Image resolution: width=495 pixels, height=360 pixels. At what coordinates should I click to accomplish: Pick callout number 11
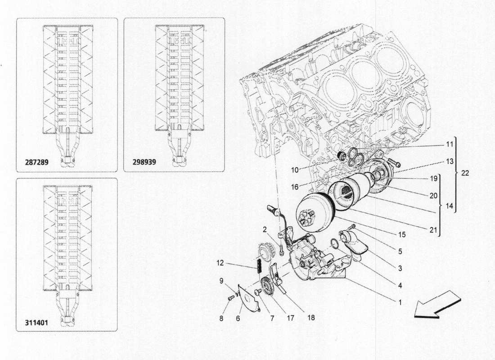(x=450, y=145)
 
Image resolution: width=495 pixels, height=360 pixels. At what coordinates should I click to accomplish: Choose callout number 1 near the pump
(x=399, y=302)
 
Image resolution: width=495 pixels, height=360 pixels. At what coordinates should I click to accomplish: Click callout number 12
(x=219, y=262)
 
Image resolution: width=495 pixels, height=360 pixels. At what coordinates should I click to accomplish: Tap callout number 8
(x=221, y=318)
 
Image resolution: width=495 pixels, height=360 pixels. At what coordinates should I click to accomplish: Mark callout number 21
(x=432, y=230)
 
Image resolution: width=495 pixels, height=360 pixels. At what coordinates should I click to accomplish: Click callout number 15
(x=401, y=234)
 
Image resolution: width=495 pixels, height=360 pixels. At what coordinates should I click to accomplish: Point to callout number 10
(x=295, y=170)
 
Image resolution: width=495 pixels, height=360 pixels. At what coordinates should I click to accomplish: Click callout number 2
(x=265, y=229)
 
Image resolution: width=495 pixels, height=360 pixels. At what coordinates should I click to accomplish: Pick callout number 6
(x=238, y=318)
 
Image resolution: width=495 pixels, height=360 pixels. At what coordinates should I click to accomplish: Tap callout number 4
(x=400, y=285)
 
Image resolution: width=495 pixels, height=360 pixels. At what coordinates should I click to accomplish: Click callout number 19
(x=433, y=179)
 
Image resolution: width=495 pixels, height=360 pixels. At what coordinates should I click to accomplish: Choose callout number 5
(x=400, y=252)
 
